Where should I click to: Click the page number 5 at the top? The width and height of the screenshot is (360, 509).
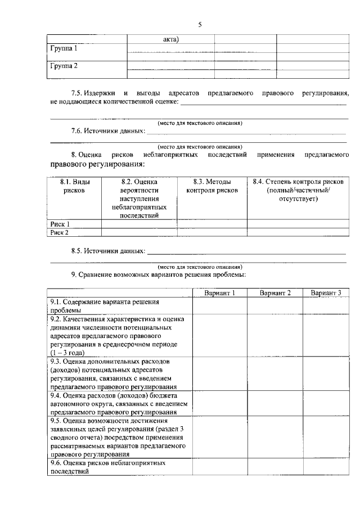click(x=200, y=24)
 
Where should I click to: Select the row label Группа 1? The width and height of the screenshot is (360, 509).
click(x=64, y=49)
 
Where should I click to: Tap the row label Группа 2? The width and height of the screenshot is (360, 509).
click(x=64, y=66)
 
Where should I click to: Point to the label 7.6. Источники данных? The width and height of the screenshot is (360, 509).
click(x=107, y=131)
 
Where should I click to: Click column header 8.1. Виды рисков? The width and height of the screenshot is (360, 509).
click(x=74, y=186)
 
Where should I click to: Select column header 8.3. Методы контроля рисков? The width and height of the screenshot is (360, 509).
click(x=211, y=186)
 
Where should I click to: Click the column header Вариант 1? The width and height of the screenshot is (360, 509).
click(x=219, y=293)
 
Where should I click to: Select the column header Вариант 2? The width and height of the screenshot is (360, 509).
click(x=275, y=293)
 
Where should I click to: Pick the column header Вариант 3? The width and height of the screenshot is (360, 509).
click(x=326, y=293)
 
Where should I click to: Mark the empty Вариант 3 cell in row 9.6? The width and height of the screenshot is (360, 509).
click(x=326, y=467)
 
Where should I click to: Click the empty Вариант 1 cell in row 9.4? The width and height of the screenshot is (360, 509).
click(x=219, y=403)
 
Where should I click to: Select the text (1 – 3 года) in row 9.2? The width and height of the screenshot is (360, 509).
click(x=67, y=352)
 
